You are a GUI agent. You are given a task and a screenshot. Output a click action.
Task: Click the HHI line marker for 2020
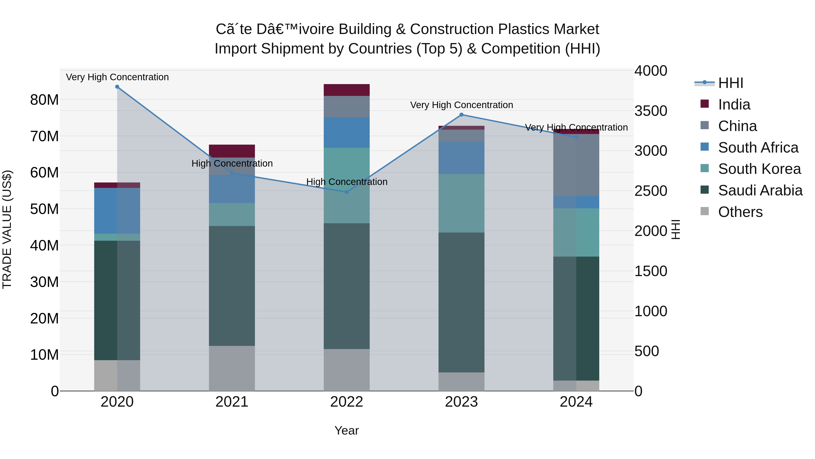(x=117, y=87)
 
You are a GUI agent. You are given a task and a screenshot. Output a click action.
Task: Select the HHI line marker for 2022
(x=346, y=192)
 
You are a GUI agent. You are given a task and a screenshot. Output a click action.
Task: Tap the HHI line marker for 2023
(x=461, y=115)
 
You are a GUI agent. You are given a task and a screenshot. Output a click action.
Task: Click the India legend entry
(x=734, y=104)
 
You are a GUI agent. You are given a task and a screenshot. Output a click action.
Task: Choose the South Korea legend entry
(x=759, y=169)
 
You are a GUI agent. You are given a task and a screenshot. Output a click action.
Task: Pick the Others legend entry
(x=740, y=212)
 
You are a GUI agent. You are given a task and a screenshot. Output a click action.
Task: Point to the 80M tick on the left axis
(x=44, y=100)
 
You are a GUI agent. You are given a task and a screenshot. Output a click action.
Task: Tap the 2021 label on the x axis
(x=232, y=402)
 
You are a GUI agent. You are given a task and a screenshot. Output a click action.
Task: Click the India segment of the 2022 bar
(x=346, y=90)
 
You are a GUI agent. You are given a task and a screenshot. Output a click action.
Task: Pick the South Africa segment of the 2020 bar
(x=117, y=211)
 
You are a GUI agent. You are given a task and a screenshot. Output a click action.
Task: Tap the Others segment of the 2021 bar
(x=232, y=368)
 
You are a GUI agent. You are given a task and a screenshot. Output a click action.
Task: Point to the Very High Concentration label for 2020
(x=117, y=77)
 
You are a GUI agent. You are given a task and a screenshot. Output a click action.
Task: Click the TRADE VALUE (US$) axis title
(x=7, y=229)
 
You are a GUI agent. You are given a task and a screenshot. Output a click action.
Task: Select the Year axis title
(x=346, y=430)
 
